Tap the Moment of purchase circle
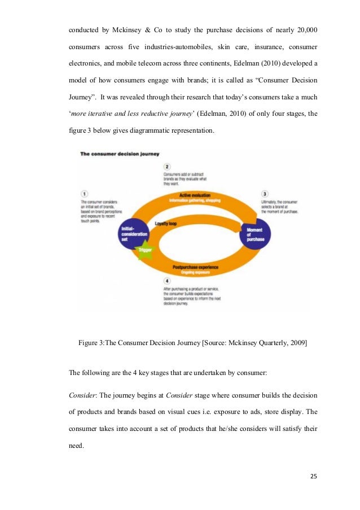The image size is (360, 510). click(255, 233)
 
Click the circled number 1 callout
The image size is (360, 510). click(85, 193)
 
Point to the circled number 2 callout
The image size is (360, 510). click(167, 167)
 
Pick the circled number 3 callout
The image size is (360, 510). click(265, 194)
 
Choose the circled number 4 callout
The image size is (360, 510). click(167, 281)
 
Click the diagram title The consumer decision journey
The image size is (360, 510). click(120, 154)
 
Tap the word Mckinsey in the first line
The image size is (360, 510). click(133, 29)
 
